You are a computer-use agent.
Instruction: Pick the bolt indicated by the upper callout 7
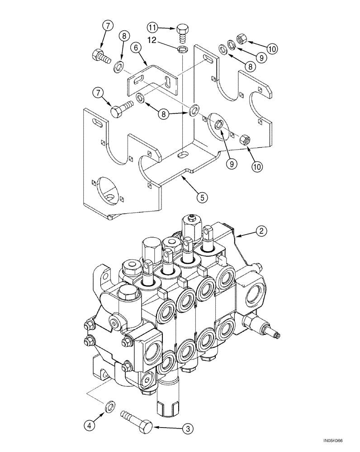coord(101,57)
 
